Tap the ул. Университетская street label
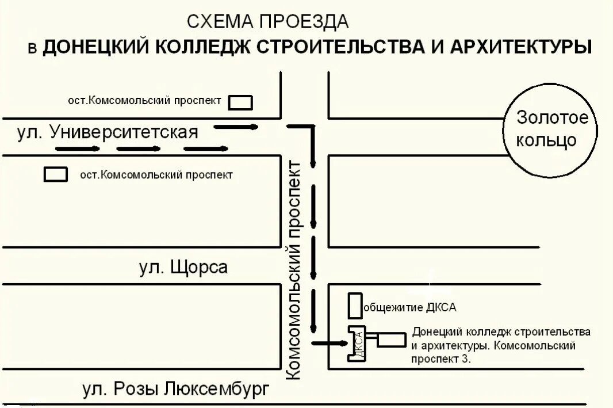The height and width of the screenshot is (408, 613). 108,132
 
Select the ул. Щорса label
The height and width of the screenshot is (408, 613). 183,267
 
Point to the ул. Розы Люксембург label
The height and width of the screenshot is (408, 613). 175,390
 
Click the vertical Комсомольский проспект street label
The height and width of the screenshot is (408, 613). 293,270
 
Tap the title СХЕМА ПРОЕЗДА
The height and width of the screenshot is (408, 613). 268,22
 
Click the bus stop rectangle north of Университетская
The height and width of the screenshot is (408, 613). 241,102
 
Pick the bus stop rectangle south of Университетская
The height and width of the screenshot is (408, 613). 56,174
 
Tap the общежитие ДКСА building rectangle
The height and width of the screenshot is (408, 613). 354,306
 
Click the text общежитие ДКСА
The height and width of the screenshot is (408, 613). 410,307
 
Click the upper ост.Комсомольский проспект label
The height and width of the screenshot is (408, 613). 144,101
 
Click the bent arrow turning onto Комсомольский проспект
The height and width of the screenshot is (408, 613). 308,141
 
